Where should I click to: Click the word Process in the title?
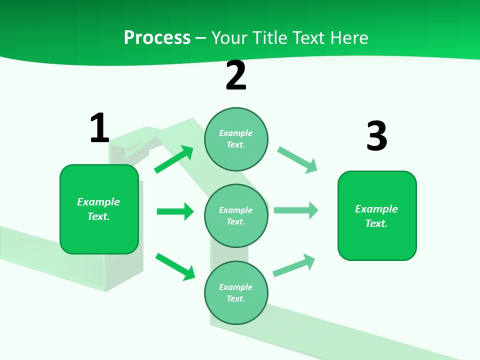pos(157,37)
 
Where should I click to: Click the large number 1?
pos(99,128)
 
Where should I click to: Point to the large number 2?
pos(236,75)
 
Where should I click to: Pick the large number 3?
pos(376,136)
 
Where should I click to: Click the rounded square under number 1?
pos(99,209)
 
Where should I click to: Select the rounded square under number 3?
pos(377,215)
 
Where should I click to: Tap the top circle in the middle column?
pos(236,139)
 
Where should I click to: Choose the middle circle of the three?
pos(236,215)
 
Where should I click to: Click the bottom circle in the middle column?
pos(236,292)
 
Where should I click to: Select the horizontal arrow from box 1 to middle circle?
pos(175,211)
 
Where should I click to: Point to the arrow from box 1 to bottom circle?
pos(175,266)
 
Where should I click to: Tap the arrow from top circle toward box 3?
pos(297,160)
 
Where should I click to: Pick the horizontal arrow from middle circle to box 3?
pos(296,210)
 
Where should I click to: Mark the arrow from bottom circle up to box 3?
pos(294,265)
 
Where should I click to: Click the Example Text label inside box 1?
pos(98,209)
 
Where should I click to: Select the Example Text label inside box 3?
pos(376,216)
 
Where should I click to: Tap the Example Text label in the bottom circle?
pos(236,293)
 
